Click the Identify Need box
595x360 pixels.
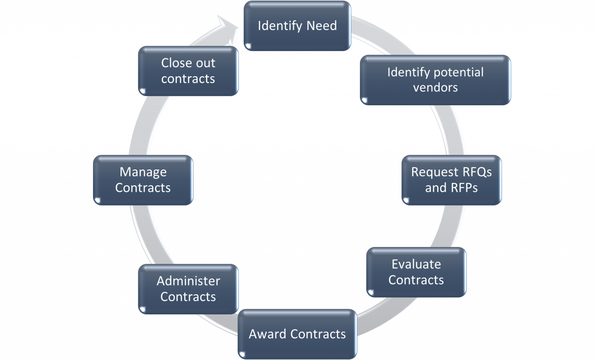[297, 26]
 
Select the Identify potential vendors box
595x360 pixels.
[435, 80]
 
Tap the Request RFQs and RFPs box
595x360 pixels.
[451, 180]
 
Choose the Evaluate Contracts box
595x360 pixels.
[416, 272]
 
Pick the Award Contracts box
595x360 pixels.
[297, 334]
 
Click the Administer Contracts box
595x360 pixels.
[188, 289]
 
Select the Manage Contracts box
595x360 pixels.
[143, 180]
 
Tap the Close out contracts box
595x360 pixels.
[188, 71]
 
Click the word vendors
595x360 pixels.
[435, 88]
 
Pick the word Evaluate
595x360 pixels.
[416, 264]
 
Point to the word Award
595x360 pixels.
[267, 334]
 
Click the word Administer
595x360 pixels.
[188, 281]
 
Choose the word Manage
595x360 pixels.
[143, 172]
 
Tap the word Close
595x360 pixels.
[174, 63]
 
